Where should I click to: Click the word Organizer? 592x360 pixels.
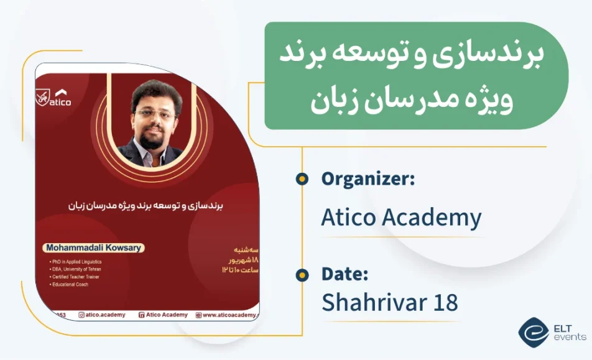click(368, 180)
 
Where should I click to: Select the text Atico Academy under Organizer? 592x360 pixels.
click(401, 218)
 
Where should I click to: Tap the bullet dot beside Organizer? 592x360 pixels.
click(302, 179)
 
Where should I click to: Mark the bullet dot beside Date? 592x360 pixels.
click(302, 275)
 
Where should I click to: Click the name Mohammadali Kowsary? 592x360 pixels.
click(94, 247)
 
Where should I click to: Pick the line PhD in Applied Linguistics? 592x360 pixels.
click(77, 262)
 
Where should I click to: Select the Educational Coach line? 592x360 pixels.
click(70, 284)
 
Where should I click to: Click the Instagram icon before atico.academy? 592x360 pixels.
click(81, 315)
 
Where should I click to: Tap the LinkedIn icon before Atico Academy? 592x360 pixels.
click(141, 315)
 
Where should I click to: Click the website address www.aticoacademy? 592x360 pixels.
click(229, 315)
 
